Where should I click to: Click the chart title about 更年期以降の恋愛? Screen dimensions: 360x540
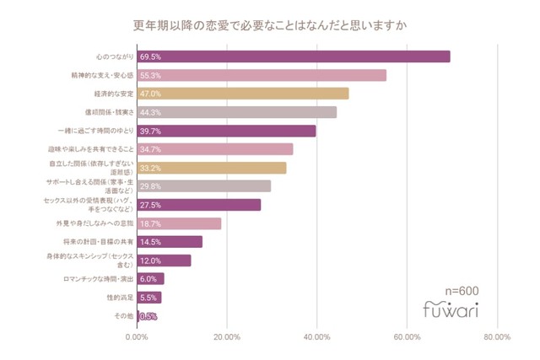click(x=270, y=25)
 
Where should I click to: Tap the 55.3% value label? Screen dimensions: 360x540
click(x=151, y=75)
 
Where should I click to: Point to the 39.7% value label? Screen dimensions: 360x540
click(x=151, y=131)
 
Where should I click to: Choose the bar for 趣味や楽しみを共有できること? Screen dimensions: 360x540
click(x=215, y=149)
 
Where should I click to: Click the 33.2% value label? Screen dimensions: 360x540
click(x=151, y=168)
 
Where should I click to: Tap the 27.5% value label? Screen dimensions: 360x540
click(x=151, y=205)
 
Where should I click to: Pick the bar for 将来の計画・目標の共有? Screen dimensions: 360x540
click(x=170, y=242)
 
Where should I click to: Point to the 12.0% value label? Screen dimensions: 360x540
click(x=151, y=261)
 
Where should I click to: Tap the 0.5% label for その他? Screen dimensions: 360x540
click(x=148, y=316)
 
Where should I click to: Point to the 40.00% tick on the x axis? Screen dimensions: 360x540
click(x=316, y=337)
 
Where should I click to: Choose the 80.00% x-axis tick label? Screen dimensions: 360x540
click(x=497, y=337)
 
